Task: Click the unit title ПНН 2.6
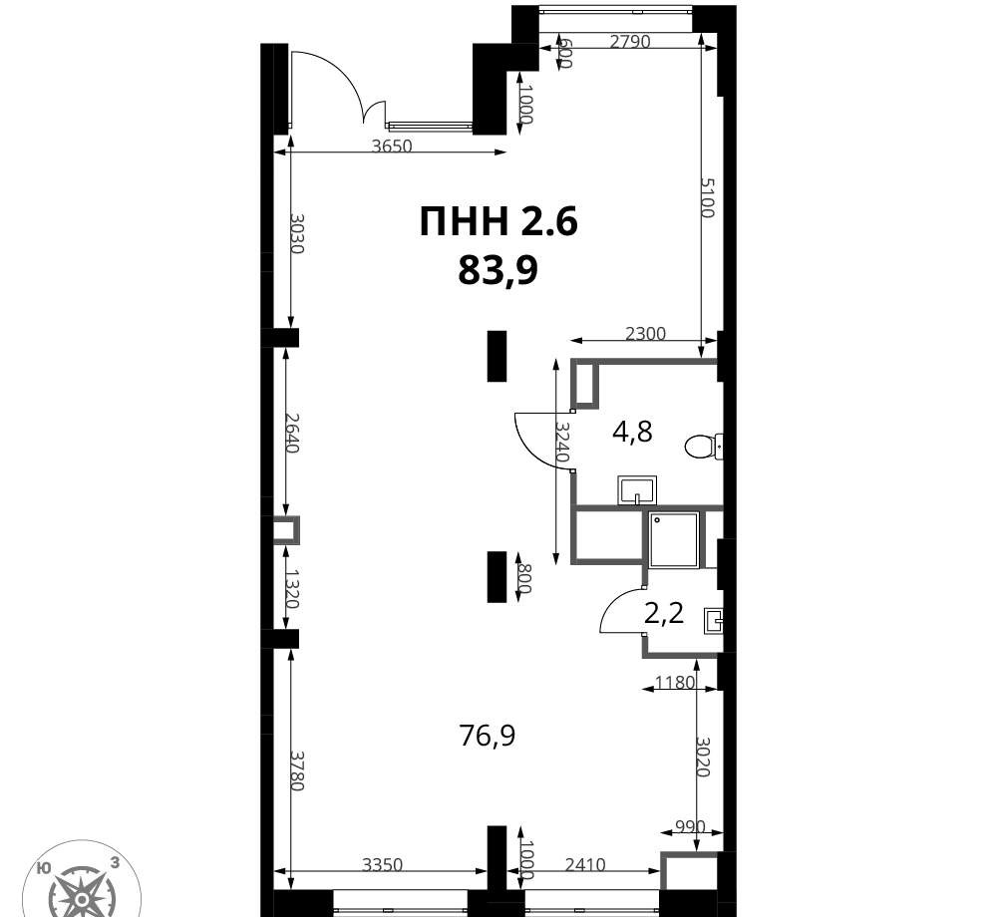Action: pyautogui.click(x=498, y=222)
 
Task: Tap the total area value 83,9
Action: pyautogui.click(x=498, y=271)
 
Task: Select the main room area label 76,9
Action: pyautogui.click(x=488, y=737)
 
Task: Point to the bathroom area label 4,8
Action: pyautogui.click(x=632, y=433)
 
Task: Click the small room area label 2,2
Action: pyautogui.click(x=664, y=614)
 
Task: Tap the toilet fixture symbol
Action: pyautogui.click(x=704, y=446)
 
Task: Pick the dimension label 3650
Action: pyautogui.click(x=392, y=147)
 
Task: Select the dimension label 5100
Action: pyautogui.click(x=708, y=197)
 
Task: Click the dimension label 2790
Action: pyautogui.click(x=629, y=42)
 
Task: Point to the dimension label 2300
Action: pyautogui.click(x=645, y=333)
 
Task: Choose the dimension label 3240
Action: pyautogui.click(x=561, y=442)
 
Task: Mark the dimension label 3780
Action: pyautogui.click(x=297, y=770)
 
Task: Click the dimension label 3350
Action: pyautogui.click(x=383, y=865)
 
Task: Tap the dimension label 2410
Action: pyautogui.click(x=585, y=865)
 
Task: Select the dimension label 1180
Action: pyautogui.click(x=675, y=683)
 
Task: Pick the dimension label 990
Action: pyautogui.click(x=690, y=826)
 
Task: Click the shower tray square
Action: pyautogui.click(x=674, y=539)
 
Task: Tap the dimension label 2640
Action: pyautogui.click(x=292, y=433)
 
